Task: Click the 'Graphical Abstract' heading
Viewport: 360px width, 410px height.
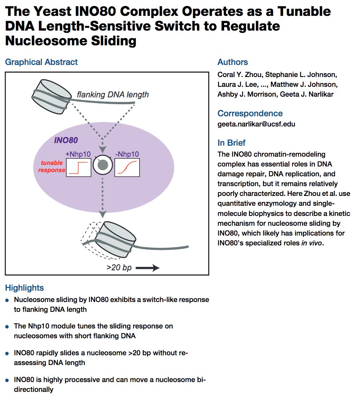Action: [42, 62]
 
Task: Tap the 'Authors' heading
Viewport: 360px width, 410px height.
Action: [233, 62]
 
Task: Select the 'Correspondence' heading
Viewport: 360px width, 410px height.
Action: [250, 113]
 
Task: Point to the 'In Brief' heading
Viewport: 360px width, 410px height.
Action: [231, 143]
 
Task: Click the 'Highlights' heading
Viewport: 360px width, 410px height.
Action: [25, 288]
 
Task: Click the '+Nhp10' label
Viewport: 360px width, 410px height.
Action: [78, 154]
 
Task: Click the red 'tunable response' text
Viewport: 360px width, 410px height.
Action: [52, 167]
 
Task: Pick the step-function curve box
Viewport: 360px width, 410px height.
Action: [79, 168]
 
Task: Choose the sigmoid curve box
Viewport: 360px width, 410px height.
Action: [127, 168]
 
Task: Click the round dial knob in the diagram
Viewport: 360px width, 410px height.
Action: [103, 166]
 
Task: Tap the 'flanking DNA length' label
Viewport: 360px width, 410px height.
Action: [112, 94]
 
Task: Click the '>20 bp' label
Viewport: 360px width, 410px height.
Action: [119, 268]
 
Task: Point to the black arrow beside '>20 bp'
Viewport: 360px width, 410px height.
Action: [148, 268]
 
